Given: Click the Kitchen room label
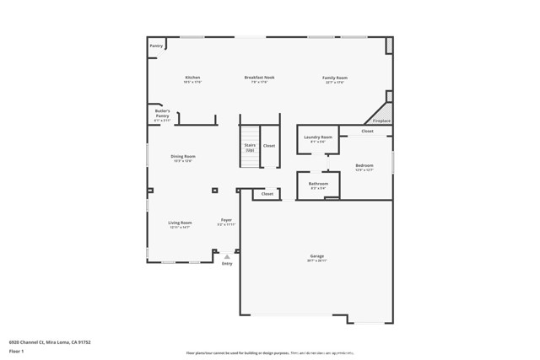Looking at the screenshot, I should pos(192,78).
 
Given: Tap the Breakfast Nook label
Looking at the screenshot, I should pos(259,78).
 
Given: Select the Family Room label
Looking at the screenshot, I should pos(334,78).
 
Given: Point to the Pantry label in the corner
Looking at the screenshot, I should pos(156,46).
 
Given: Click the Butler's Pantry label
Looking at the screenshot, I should pos(162,113).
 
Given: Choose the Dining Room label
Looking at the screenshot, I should pos(183,156).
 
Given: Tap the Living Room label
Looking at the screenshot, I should pos(180,223).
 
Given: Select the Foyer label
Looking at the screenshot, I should pos(226,220).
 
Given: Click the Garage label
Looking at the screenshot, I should pos(316,256).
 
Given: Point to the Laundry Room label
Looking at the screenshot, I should pos(318,137).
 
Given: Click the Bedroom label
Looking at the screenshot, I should pos(364,165).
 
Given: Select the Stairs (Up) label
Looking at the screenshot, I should pos(250,147).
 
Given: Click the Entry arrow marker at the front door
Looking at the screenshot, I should pos(226,256).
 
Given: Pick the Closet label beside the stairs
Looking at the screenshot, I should pos(268,146).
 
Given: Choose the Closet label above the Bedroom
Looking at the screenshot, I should pos(367,132).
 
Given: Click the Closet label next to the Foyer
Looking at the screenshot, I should pos(267,194).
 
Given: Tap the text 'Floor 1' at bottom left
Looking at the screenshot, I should pos(16,350).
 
